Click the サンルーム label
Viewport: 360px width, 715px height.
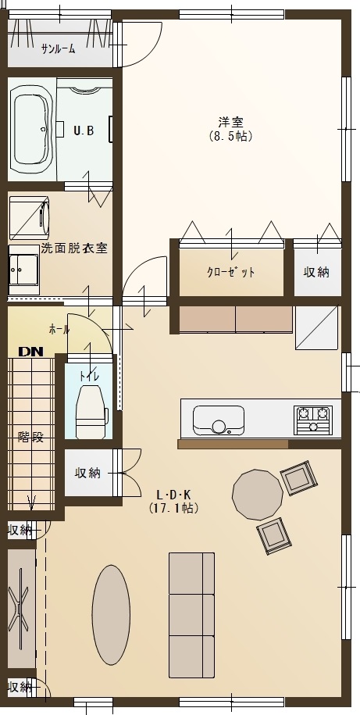coord(59,49)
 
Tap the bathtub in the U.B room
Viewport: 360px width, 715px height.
coord(31,131)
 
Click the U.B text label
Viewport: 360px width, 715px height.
coord(84,130)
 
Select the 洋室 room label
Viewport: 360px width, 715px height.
coord(230,122)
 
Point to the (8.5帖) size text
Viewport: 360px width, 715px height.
coord(230,136)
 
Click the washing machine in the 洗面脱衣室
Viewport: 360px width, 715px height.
coord(29,218)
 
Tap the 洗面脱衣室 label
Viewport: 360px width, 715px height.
coord(74,248)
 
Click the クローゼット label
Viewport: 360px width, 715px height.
coord(231,273)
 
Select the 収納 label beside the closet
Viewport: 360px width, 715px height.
coord(316,272)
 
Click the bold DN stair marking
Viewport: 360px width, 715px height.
coord(31,352)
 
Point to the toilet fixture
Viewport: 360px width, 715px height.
coord(91,411)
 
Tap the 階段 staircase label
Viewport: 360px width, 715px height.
coord(31,437)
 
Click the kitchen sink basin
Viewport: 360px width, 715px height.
coord(219,420)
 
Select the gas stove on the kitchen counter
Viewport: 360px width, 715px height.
coord(313,420)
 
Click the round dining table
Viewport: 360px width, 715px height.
coord(258,495)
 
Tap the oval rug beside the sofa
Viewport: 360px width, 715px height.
coord(111,615)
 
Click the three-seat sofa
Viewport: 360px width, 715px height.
coord(192,615)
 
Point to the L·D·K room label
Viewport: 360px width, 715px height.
coord(173,495)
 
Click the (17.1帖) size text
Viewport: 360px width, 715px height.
coord(173,507)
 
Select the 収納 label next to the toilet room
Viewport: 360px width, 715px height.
coord(87,473)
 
